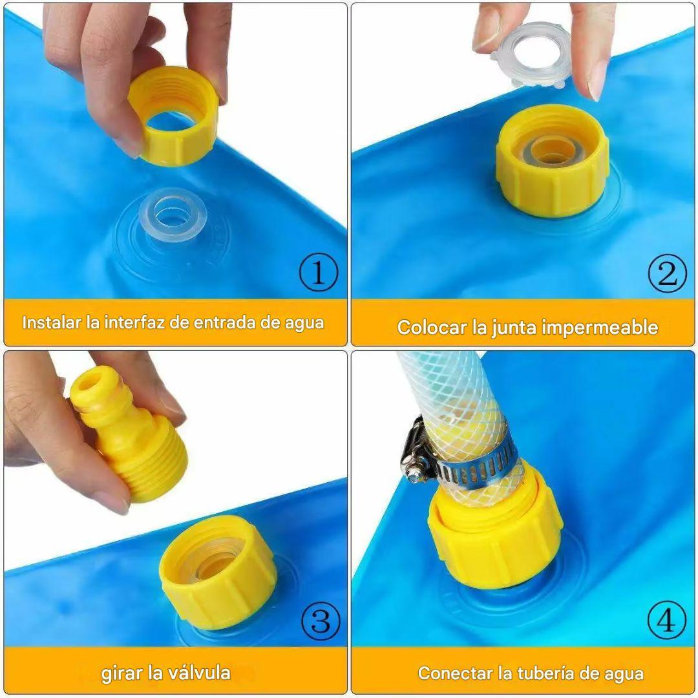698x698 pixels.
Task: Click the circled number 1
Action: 318,274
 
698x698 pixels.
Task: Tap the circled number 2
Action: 666,274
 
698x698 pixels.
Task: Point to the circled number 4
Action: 666,621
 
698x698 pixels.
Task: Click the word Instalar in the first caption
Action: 52,323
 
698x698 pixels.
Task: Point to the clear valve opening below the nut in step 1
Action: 172,215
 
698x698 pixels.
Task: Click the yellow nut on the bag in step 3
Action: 218,572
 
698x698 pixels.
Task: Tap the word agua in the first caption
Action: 304,323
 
